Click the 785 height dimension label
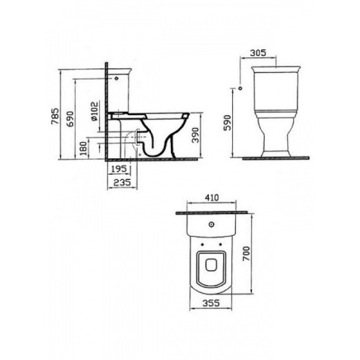(55, 116)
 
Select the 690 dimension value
(70, 119)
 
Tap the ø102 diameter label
(94, 112)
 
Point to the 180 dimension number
(84, 149)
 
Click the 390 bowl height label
(196, 135)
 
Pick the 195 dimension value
(119, 169)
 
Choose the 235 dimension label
(122, 182)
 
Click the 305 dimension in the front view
(258, 53)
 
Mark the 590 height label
(227, 123)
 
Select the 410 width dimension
(212, 198)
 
